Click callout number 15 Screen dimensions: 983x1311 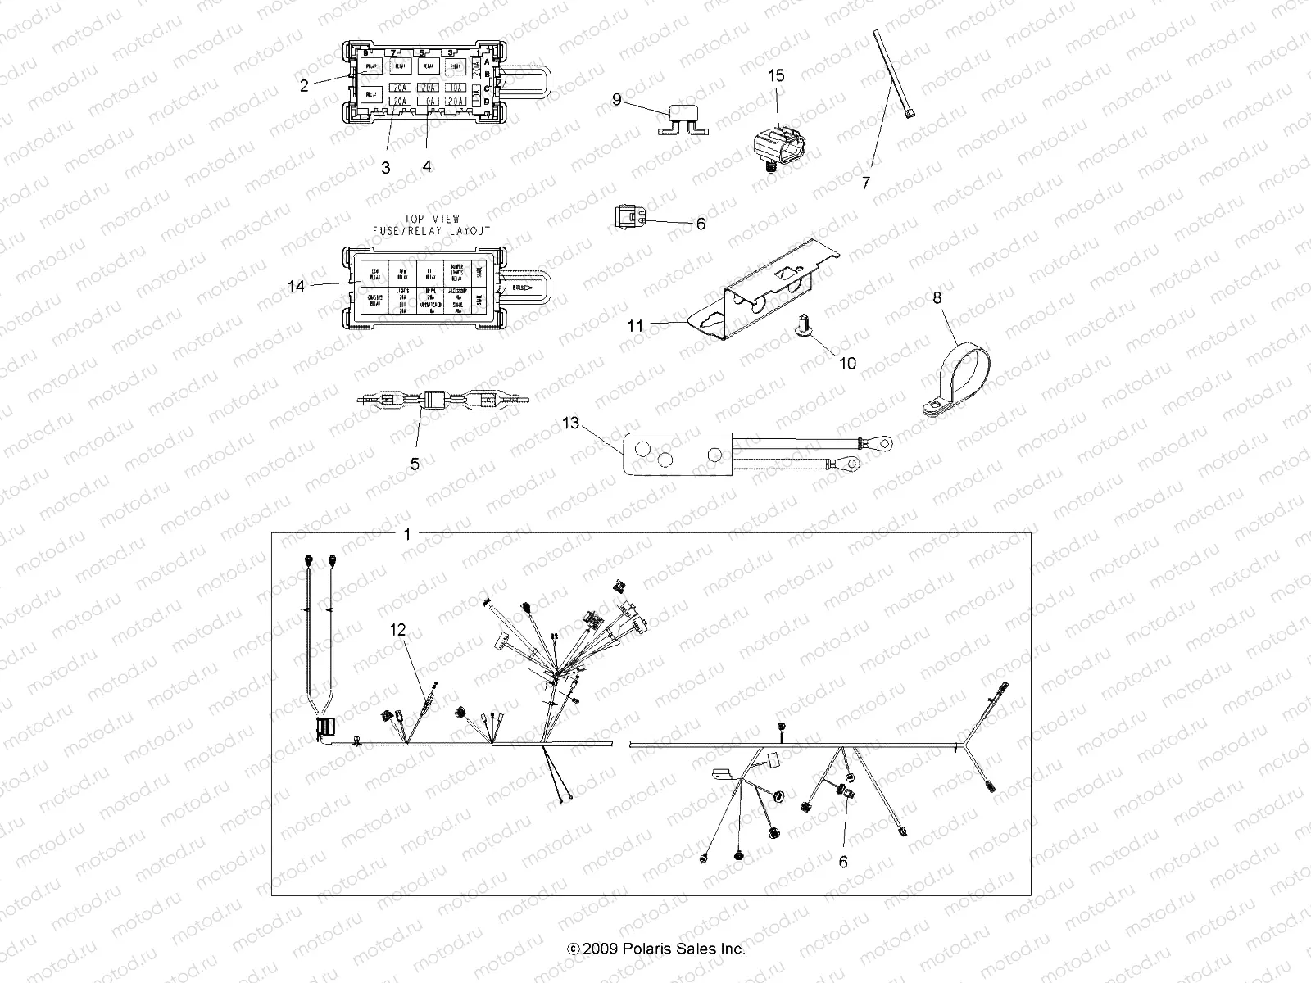pos(775,75)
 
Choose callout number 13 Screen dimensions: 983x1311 pos(570,424)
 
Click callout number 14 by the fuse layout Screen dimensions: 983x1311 pos(296,286)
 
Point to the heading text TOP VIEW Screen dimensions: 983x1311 pos(424,219)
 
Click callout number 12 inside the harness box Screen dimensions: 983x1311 pos(397,653)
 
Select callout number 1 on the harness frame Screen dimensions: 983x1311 pos(407,534)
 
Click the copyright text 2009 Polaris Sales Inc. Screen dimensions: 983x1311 pos(656,949)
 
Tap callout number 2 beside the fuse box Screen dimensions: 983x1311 pos(304,85)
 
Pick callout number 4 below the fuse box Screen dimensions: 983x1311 pos(427,165)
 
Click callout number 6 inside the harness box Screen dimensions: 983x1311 pos(842,862)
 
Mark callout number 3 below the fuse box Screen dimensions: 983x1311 pos(385,167)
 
